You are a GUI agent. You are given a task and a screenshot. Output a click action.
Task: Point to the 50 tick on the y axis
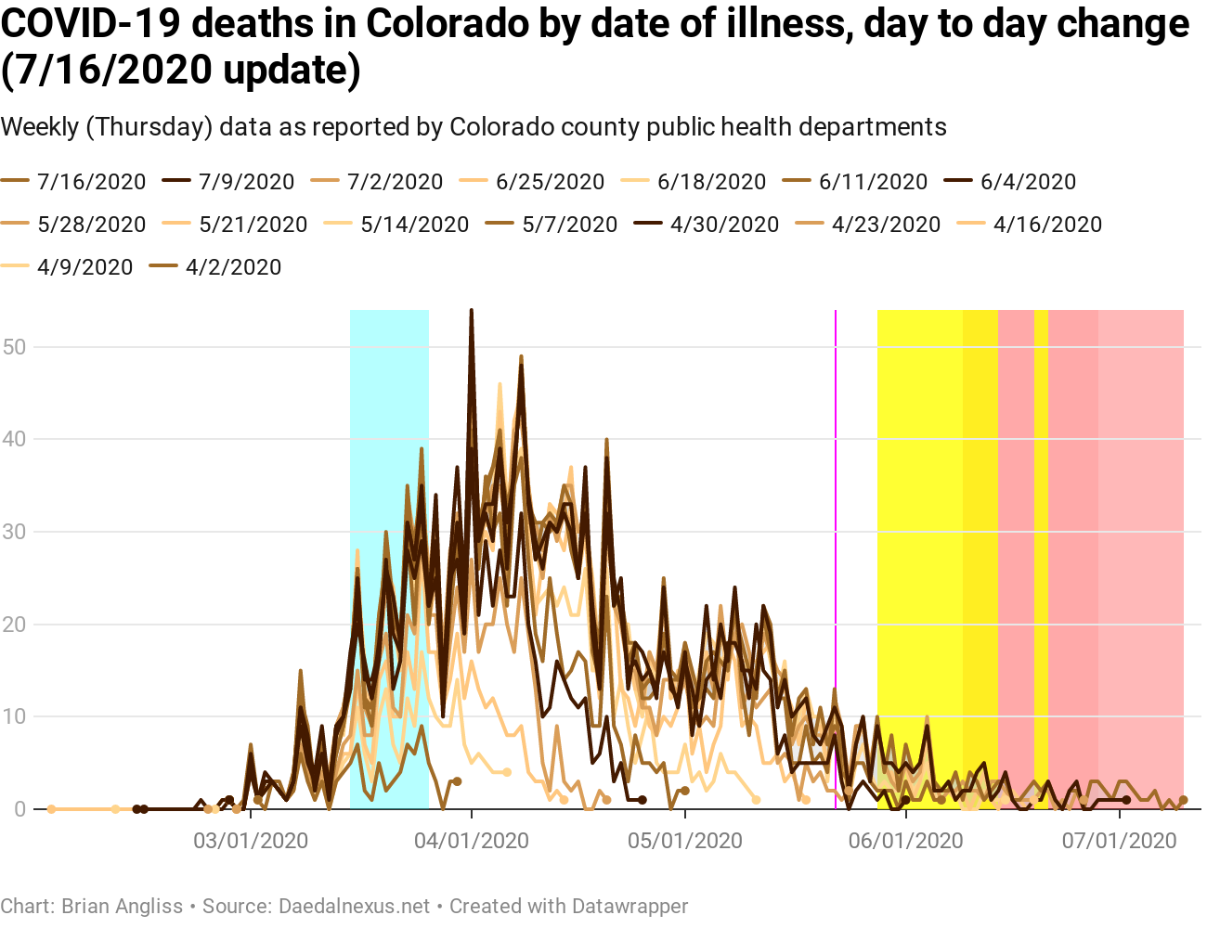(x=15, y=347)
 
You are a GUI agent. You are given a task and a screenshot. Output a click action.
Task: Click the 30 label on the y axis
(x=15, y=532)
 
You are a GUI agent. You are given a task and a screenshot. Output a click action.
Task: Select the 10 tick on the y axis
(x=15, y=716)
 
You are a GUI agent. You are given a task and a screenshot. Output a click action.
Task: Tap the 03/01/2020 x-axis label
(x=251, y=841)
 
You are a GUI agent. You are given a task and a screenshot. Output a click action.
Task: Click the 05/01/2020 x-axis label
(x=685, y=841)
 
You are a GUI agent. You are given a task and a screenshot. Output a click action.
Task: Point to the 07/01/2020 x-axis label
(x=1120, y=841)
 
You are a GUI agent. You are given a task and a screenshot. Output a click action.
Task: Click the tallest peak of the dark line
(x=472, y=313)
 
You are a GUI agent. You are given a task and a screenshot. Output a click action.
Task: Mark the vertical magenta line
(x=836, y=557)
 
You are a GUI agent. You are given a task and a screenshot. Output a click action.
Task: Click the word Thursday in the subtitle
(x=149, y=127)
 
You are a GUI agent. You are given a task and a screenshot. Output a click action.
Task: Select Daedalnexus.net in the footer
(x=355, y=906)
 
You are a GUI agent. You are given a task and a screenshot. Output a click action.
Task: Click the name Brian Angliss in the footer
(x=122, y=906)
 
